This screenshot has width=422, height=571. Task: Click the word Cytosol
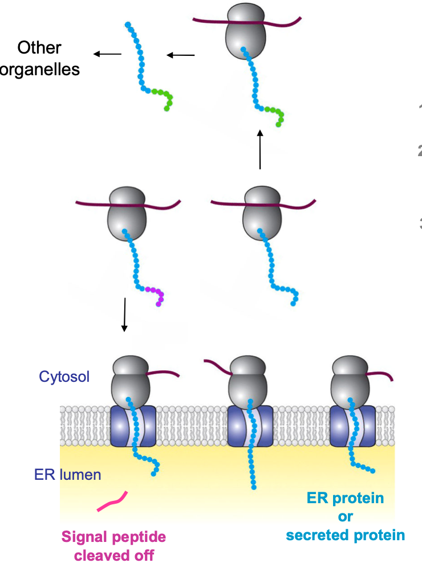[64, 376]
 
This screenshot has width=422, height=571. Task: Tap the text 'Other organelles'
[40, 58]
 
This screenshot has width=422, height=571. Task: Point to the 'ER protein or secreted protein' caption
[345, 516]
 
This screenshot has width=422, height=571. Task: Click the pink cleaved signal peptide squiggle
[112, 501]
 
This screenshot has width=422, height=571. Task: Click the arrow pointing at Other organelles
[108, 54]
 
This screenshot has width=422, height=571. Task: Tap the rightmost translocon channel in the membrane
[352, 426]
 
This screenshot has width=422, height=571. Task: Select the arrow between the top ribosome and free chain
[181, 55]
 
